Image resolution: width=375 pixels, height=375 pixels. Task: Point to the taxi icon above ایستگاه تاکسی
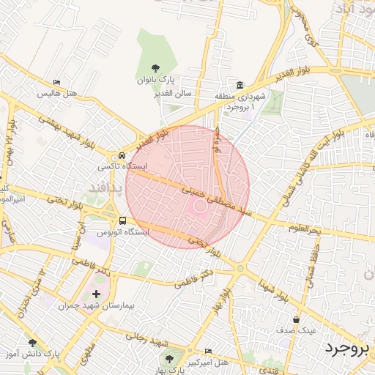(122, 155)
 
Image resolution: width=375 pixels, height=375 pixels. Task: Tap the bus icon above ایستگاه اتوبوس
(122, 220)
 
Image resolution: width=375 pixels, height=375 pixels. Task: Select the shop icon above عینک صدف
(296, 319)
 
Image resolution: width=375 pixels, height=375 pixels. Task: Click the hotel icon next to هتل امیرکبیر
(209, 350)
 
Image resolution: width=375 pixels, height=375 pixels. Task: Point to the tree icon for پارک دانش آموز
(31, 343)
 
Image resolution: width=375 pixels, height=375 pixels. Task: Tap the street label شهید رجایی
(146, 339)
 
